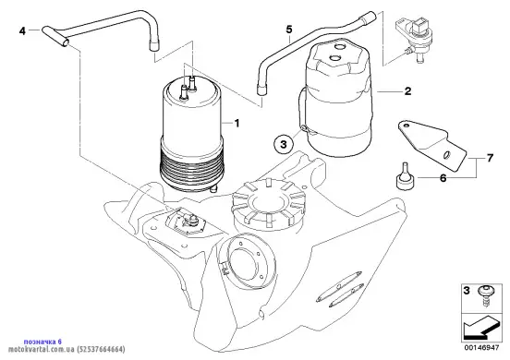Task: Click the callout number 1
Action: [x=237, y=123]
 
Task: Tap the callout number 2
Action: [x=407, y=91]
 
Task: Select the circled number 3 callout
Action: [x=284, y=144]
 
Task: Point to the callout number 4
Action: [x=22, y=31]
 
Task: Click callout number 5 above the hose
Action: [x=289, y=30]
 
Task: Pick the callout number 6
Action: [x=443, y=178]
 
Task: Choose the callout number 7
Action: [x=490, y=158]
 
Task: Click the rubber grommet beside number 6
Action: [x=405, y=176]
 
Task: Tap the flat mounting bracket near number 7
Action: [x=431, y=145]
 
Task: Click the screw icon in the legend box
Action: [x=485, y=295]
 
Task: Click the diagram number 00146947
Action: [x=481, y=348]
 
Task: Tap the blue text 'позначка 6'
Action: [x=42, y=342]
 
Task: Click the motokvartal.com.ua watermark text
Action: [x=67, y=350]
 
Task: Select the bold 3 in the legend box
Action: [x=467, y=290]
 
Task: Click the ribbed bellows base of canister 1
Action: [x=191, y=169]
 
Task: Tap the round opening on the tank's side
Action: [x=246, y=261]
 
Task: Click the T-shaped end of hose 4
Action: [x=55, y=36]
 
